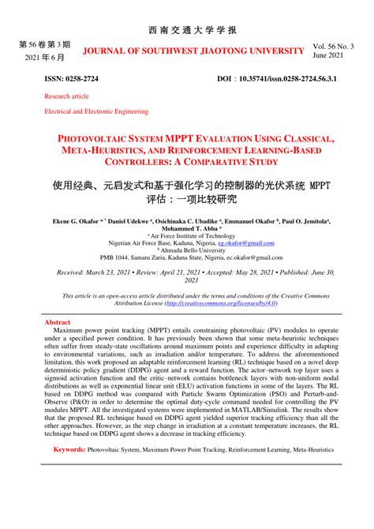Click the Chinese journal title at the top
[x=186, y=30]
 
